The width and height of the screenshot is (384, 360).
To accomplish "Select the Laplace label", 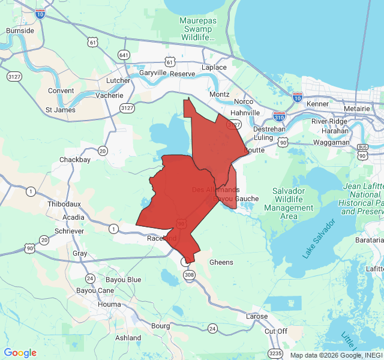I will click(214, 67).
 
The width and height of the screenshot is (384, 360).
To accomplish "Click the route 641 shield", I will click(124, 55).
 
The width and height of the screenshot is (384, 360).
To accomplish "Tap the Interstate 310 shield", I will click(279, 115).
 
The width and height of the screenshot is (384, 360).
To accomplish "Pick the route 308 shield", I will click(190, 275).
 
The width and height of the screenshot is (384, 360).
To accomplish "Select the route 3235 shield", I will click(275, 353).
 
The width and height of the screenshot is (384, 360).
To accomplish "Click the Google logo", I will click(20, 353).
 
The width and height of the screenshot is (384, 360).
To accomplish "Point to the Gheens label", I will click(221, 262).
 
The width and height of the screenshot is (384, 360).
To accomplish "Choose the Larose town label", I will click(260, 316).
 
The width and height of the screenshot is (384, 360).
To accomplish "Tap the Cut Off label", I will click(276, 331).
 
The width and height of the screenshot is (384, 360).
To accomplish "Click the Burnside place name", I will click(20, 30).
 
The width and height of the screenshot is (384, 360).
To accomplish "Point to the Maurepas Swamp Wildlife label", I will click(197, 29).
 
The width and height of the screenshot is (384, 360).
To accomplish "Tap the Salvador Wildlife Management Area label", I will click(289, 203).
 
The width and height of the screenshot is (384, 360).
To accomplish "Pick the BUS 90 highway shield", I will click(362, 151).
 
